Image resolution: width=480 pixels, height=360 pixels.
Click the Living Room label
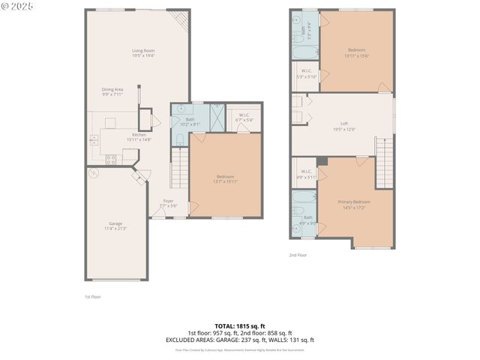tap(142, 52)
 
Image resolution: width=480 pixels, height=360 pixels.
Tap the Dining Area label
tap(112, 91)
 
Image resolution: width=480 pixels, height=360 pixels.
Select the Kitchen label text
tap(118, 136)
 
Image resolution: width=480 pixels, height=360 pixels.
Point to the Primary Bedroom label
tap(357, 203)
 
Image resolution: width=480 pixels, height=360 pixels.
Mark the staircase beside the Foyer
tap(179, 168)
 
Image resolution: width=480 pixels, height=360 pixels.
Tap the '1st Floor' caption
tap(92, 296)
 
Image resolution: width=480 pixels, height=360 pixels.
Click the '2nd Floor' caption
tap(298, 255)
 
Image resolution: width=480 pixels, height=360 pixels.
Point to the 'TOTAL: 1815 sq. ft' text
tap(240, 326)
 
